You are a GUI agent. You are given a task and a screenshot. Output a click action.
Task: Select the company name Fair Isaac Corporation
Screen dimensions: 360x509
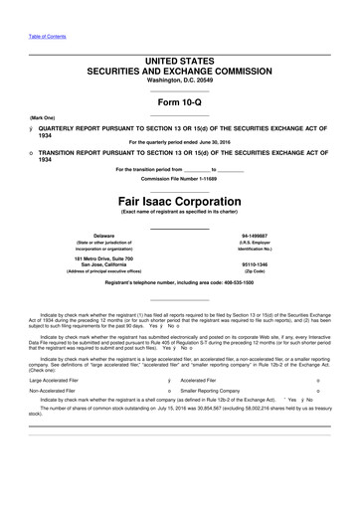click(x=180, y=200)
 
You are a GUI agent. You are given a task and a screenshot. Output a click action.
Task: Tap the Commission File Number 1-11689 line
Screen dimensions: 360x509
click(x=180, y=178)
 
